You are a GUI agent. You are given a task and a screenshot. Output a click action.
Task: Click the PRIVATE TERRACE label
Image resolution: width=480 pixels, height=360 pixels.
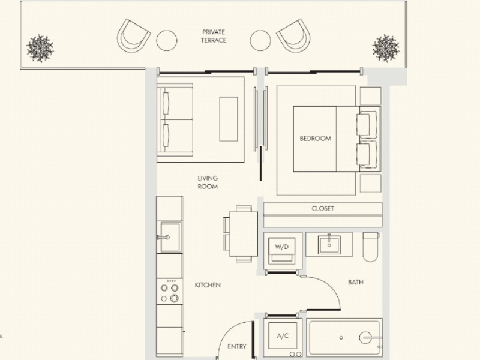214,36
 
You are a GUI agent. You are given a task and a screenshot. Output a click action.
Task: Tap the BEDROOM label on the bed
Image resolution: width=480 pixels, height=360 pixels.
316,139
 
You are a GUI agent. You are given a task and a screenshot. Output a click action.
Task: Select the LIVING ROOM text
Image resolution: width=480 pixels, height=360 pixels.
208,182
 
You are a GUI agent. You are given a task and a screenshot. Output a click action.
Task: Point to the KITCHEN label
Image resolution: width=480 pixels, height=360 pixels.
208,285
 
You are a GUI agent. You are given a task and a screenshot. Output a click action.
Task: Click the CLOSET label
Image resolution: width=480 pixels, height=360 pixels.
323,209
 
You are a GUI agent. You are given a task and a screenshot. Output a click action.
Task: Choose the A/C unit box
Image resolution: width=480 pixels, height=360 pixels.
283,336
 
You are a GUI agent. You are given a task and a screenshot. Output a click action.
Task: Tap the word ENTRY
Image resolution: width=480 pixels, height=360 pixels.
236,347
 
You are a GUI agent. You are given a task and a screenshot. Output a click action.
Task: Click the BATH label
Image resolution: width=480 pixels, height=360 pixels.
356,282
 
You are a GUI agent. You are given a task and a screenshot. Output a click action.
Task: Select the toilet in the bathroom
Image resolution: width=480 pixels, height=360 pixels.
371,247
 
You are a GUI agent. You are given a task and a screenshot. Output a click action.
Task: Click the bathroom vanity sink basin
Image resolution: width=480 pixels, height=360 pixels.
329,245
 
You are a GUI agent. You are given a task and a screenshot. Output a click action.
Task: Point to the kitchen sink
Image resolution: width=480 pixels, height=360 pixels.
170,237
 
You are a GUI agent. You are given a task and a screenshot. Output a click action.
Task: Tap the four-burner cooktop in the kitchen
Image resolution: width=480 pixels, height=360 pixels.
170,291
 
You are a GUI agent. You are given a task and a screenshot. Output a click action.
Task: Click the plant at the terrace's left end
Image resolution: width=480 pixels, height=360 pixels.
40,49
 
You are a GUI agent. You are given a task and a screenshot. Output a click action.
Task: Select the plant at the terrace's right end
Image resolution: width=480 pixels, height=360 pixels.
386,49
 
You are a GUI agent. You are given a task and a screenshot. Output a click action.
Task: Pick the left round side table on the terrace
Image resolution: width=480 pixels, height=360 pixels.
167,40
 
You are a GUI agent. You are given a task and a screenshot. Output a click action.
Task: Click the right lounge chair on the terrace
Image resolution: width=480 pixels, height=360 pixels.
294,35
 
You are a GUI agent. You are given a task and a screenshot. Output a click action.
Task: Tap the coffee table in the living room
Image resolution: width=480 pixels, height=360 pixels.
229,119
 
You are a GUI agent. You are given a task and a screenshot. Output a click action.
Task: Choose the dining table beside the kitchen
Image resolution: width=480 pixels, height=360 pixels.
244,234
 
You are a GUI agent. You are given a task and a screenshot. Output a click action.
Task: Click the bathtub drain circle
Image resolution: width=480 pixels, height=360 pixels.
341,338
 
